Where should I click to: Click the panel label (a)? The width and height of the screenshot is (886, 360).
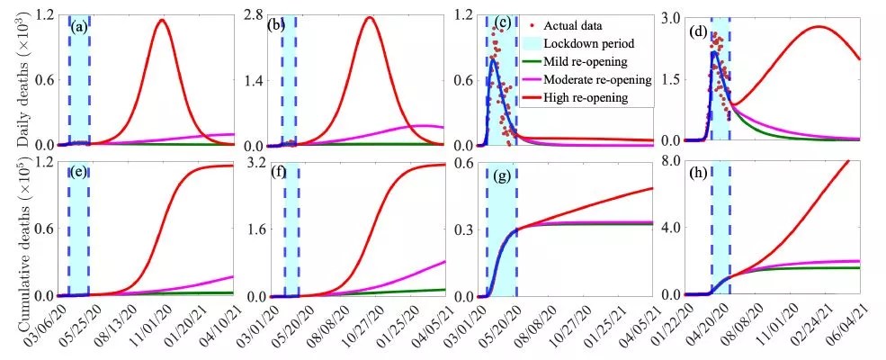click(x=79, y=27)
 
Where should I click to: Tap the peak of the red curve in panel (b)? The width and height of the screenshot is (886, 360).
click(x=370, y=17)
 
